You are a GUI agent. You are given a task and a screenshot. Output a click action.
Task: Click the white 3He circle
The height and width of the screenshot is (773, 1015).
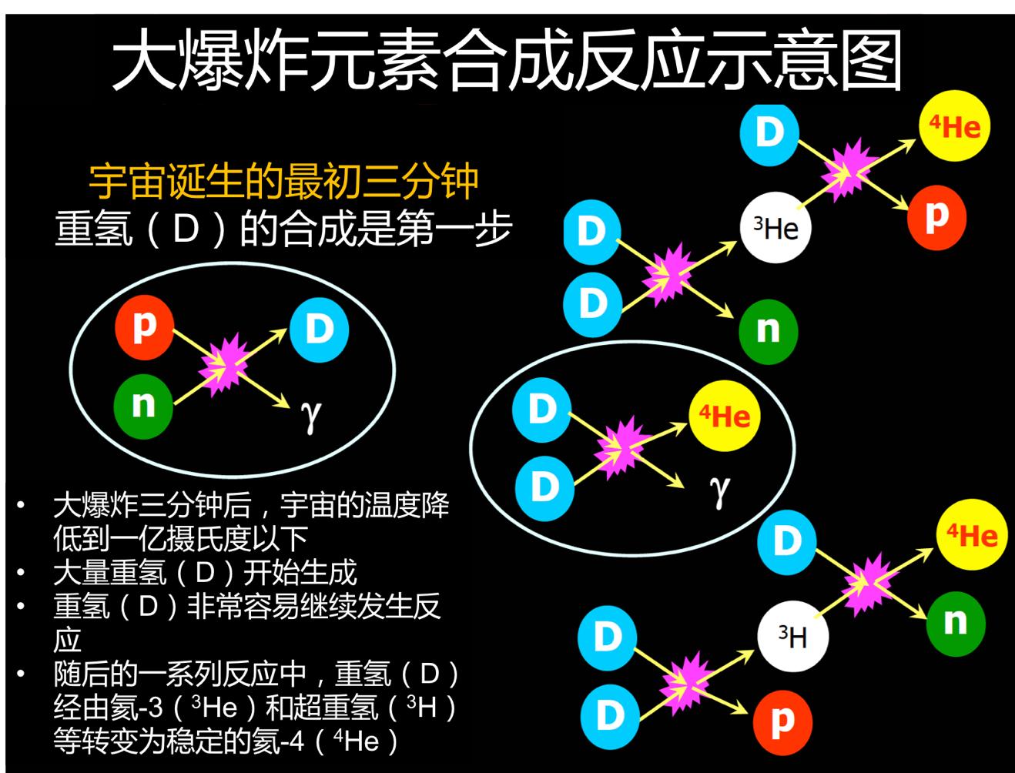pyautogui.click(x=775, y=228)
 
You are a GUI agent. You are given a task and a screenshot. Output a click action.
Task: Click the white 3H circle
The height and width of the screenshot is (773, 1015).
pyautogui.click(x=792, y=637)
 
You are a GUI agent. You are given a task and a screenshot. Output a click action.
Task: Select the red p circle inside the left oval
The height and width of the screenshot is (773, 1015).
pyautogui.click(x=145, y=329)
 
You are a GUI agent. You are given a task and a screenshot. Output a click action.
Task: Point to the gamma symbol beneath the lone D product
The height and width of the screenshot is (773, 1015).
pyautogui.click(x=310, y=416)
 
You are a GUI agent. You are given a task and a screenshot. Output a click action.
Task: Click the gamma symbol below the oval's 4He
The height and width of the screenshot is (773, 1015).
pyautogui.click(x=719, y=490)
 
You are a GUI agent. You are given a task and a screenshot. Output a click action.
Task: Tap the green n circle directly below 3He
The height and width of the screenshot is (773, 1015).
pyautogui.click(x=767, y=331)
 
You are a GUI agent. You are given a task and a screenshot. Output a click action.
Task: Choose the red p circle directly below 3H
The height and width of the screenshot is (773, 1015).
pyautogui.click(x=782, y=721)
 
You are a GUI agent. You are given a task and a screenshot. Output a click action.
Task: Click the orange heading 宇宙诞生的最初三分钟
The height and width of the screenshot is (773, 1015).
pyautogui.click(x=283, y=182)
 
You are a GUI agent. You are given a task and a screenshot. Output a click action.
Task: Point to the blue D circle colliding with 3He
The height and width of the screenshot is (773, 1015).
pyautogui.click(x=769, y=132)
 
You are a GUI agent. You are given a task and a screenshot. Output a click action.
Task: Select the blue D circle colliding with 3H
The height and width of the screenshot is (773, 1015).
pyautogui.click(x=786, y=541)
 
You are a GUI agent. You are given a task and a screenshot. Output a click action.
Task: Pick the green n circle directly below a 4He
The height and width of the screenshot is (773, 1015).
pyautogui.click(x=955, y=621)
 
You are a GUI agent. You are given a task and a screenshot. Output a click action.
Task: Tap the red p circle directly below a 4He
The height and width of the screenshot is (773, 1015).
pyautogui.click(x=936, y=216)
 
